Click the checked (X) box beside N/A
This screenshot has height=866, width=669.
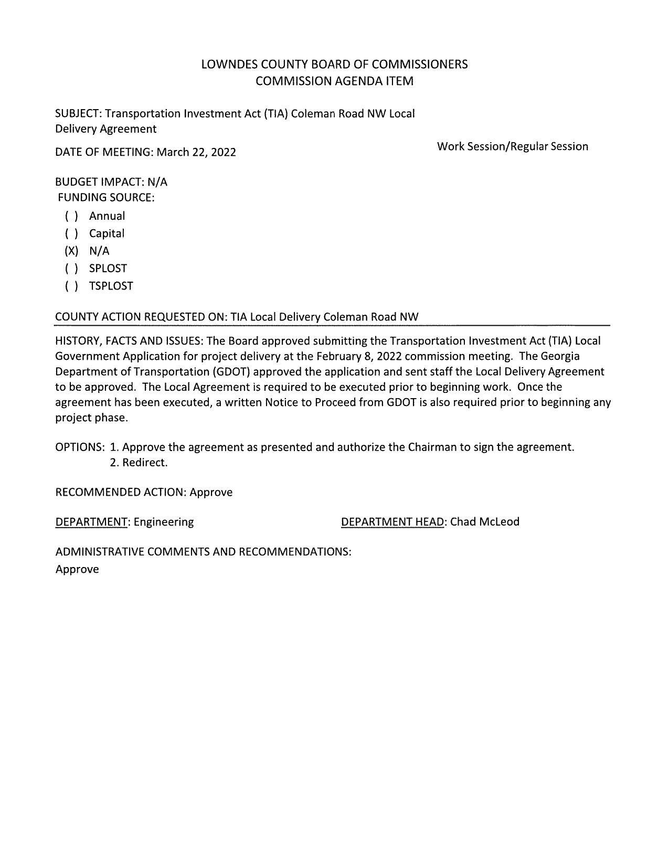[x=71, y=251]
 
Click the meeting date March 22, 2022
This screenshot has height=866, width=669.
[x=196, y=153]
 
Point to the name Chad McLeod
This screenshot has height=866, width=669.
[x=484, y=522]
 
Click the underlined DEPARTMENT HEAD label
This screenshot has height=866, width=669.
[x=392, y=522]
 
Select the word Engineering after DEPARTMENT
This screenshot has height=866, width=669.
[x=164, y=522]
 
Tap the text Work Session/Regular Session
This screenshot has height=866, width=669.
[x=512, y=147]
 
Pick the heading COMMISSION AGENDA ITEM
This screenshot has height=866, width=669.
[x=334, y=81]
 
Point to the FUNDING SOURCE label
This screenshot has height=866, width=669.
[x=106, y=198]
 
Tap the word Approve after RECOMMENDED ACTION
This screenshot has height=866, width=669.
[x=211, y=493]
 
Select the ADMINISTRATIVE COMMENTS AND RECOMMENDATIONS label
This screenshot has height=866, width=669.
[x=203, y=552]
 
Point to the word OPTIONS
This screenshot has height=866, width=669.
[x=80, y=447]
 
